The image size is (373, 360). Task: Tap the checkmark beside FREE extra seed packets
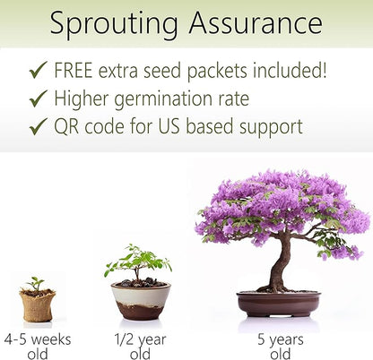click(x=38, y=70)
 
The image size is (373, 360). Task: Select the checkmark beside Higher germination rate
click(x=38, y=99)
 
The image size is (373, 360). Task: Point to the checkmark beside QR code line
click(x=38, y=126)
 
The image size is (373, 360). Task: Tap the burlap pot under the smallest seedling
click(x=37, y=304)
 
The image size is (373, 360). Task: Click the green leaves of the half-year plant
click(x=137, y=261)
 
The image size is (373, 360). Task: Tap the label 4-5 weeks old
click(x=37, y=346)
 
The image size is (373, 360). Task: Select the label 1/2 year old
click(x=139, y=346)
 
